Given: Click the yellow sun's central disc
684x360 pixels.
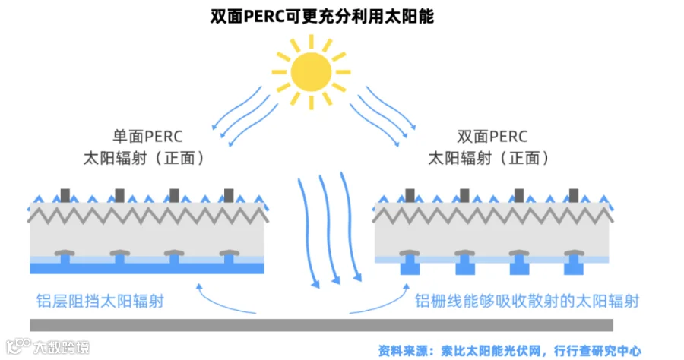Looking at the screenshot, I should (312, 71).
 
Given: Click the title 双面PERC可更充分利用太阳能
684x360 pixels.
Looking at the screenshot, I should (322, 16).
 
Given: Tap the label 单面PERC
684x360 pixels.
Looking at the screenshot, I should (147, 137).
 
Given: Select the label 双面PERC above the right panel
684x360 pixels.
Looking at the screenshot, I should (492, 137).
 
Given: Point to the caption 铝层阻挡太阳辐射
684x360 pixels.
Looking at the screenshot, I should (100, 301).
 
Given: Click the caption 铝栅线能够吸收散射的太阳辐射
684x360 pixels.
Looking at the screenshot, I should (527, 301).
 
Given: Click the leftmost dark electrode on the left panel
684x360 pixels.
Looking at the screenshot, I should (65, 195).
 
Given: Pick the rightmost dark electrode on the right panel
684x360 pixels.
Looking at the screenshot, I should (574, 195).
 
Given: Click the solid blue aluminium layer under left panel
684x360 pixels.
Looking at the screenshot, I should (147, 269).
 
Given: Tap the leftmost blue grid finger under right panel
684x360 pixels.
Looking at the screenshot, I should (410, 267).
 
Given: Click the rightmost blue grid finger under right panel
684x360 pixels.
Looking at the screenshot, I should (574, 267).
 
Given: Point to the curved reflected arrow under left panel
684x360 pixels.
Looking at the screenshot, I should (228, 303).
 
